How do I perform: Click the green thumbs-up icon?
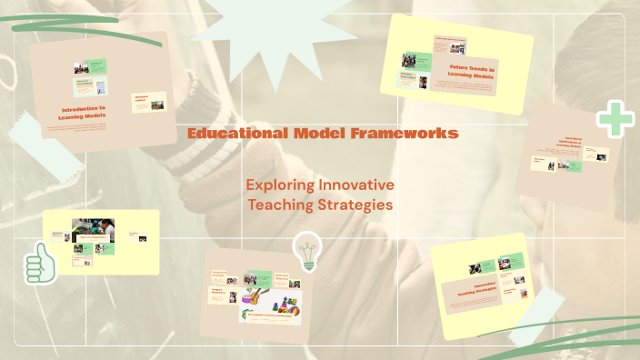click(x=40, y=265)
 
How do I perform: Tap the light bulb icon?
click(x=305, y=251)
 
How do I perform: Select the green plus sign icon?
click(x=615, y=120)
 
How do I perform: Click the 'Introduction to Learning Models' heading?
click(x=83, y=114)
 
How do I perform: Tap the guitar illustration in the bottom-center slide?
click(x=256, y=296)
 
